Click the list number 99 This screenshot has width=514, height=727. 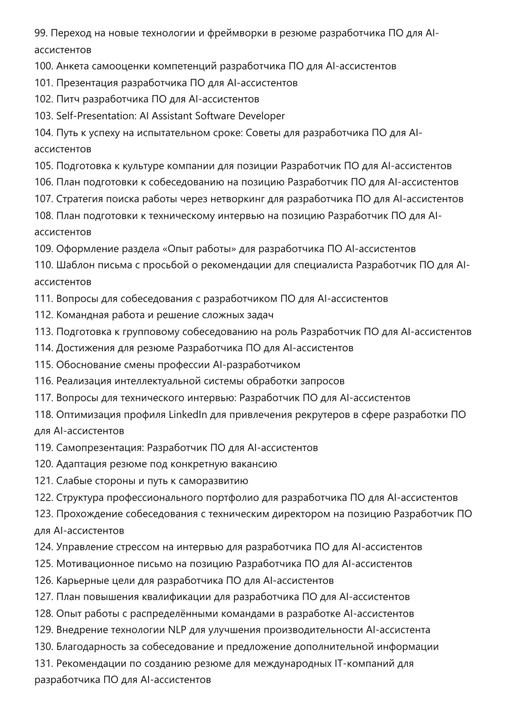click(x=41, y=33)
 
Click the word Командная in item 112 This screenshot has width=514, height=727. click(x=79, y=315)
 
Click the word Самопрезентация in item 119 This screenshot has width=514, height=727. click(x=99, y=448)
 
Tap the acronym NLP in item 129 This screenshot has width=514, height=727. click(x=177, y=630)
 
